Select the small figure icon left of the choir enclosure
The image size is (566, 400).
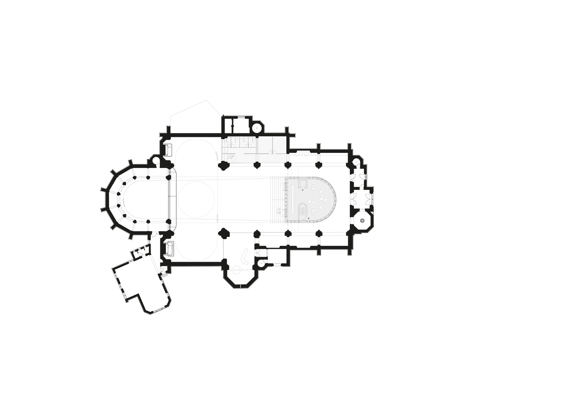pos(279,211)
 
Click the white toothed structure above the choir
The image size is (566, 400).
pos(303,154)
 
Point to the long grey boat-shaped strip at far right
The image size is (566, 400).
pos(334,154)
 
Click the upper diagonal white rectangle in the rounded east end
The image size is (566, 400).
pos(322,191)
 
